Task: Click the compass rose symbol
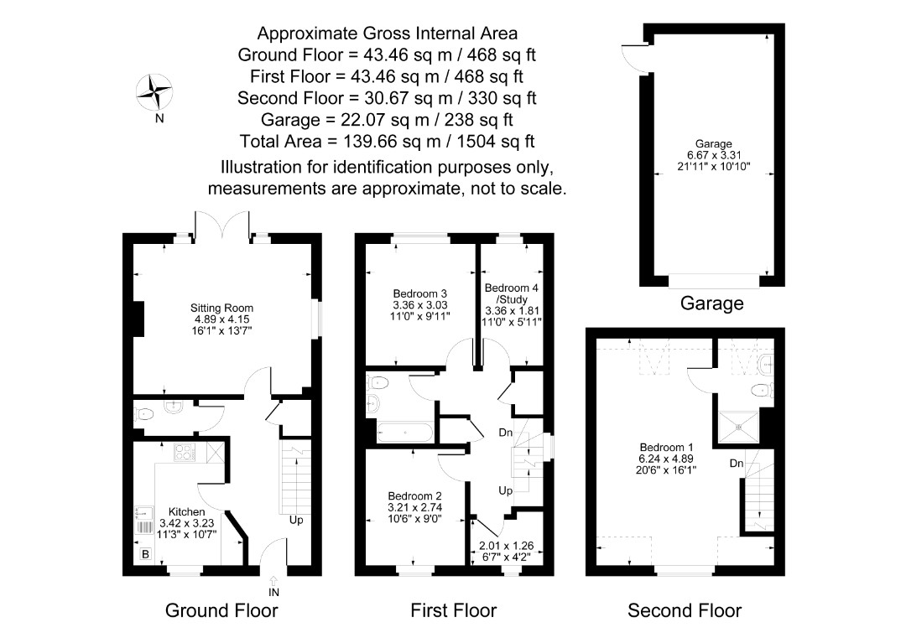click(154, 91)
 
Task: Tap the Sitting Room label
click(221, 309)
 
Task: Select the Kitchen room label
click(186, 512)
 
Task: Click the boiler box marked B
click(146, 554)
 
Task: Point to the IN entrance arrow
click(273, 581)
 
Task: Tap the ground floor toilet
click(144, 414)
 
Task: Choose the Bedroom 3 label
click(420, 293)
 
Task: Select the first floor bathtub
click(404, 433)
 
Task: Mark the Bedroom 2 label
click(415, 495)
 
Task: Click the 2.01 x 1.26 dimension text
click(507, 546)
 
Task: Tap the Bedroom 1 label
click(666, 448)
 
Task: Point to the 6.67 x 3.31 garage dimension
click(714, 155)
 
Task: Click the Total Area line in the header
click(387, 142)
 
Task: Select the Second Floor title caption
click(685, 610)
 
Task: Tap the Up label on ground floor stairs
click(296, 520)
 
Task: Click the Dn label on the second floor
click(737, 464)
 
